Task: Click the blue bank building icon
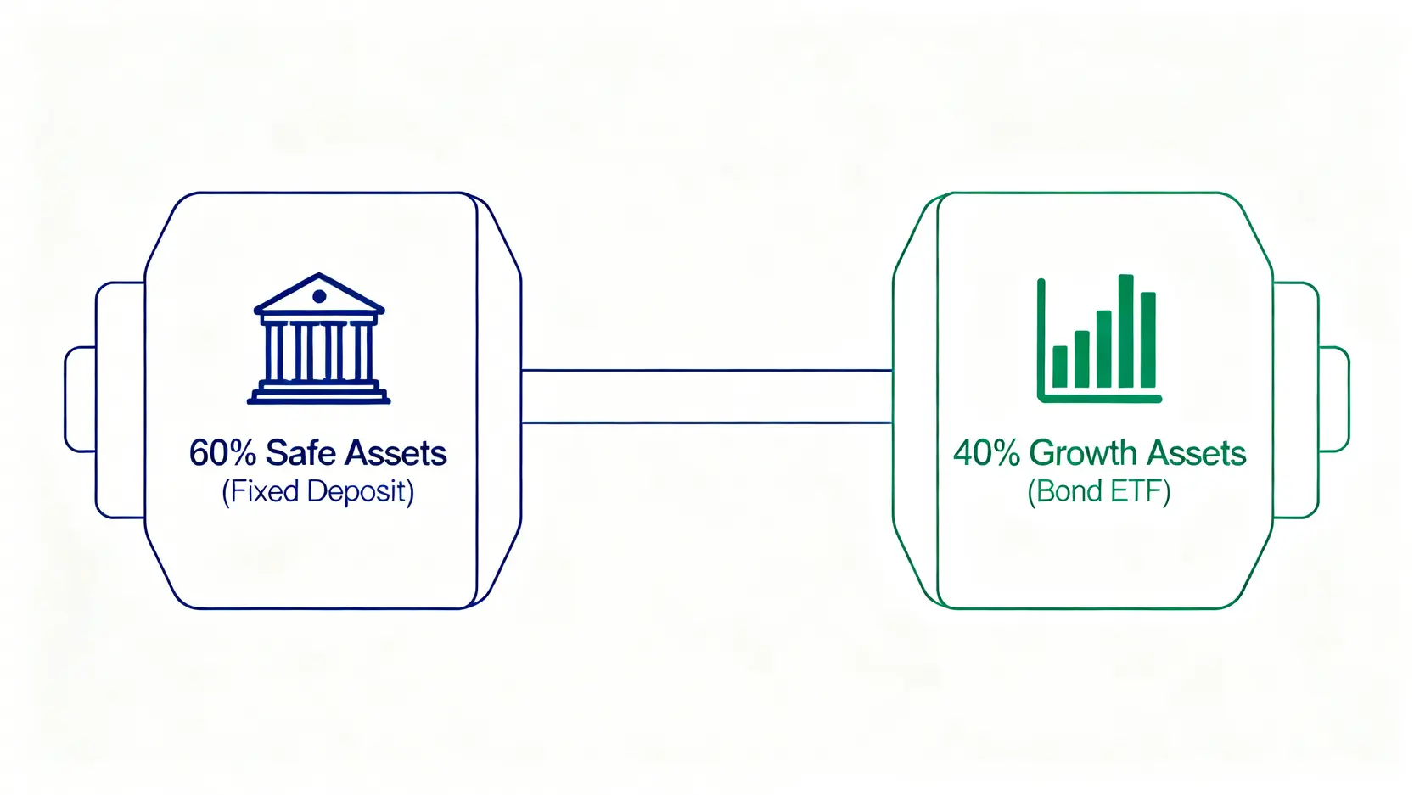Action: coord(319,339)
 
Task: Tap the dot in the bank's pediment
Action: coord(319,296)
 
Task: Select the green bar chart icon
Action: coord(1099,339)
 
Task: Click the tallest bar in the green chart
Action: coord(1126,331)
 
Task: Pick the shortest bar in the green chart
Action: coord(1060,367)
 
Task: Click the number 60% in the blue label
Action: coord(223,453)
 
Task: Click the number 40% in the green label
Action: coord(986,453)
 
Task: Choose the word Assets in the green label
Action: coord(1196,453)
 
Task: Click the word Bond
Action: coord(1063,491)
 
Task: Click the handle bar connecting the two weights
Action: coord(707,396)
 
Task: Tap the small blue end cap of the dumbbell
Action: coord(80,400)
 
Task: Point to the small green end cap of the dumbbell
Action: coord(1334,400)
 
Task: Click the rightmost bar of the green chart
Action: coord(1148,339)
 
